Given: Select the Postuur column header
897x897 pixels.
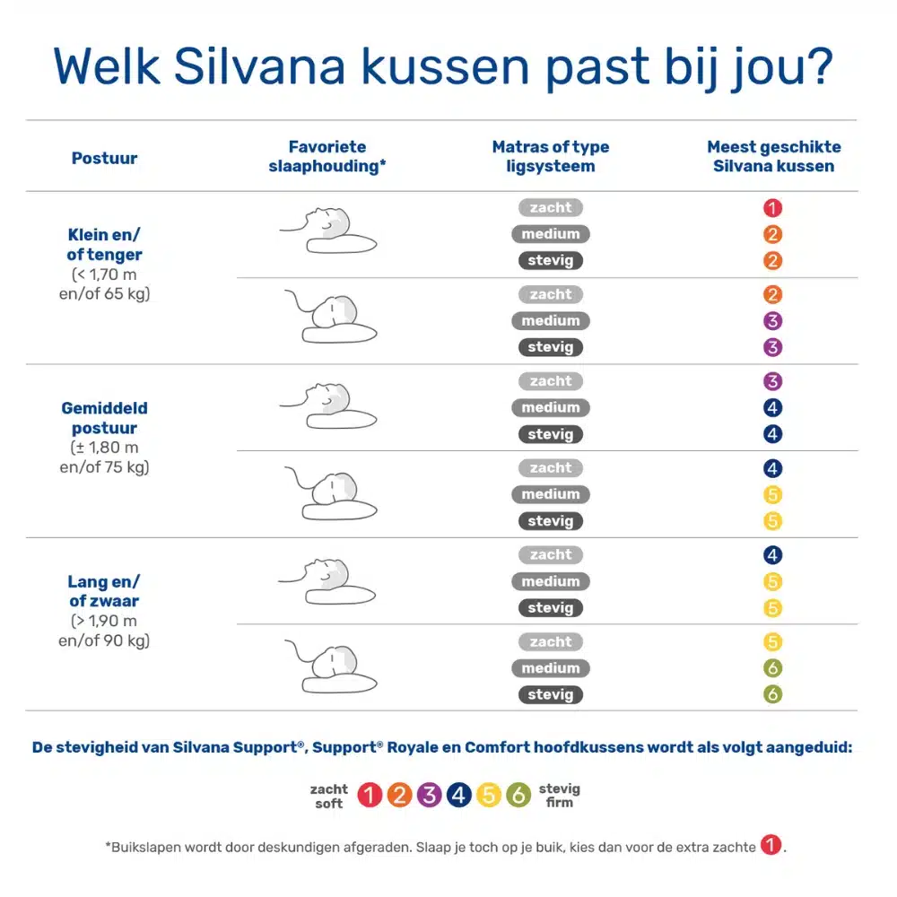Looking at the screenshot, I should pyautogui.click(x=104, y=159).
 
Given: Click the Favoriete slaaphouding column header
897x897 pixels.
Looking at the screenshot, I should pyautogui.click(x=327, y=156).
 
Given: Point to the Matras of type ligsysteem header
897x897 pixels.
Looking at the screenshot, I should pyautogui.click(x=550, y=156).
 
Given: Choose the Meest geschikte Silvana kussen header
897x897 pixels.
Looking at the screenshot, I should pyautogui.click(x=773, y=156).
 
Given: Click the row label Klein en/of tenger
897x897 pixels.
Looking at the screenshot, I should pyautogui.click(x=104, y=244).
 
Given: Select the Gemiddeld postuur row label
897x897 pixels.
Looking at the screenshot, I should pyautogui.click(x=104, y=417).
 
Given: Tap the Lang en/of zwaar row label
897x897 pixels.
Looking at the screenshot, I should pyautogui.click(x=104, y=591).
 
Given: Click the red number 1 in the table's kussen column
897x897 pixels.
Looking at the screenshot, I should pyautogui.click(x=773, y=208).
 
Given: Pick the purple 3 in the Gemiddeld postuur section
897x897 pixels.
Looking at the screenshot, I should pyautogui.click(x=773, y=381).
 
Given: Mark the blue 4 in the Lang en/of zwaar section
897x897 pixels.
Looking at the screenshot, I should pyautogui.click(x=773, y=555).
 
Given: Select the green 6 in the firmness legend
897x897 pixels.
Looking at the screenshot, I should pyautogui.click(x=518, y=795).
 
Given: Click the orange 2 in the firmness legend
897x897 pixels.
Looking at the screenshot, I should pyautogui.click(x=400, y=795).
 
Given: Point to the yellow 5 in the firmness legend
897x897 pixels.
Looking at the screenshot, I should pyautogui.click(x=489, y=795).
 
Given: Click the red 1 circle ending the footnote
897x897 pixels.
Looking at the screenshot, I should pyautogui.click(x=770, y=845).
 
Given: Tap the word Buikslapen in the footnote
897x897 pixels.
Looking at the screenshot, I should pyautogui.click(x=147, y=846).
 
